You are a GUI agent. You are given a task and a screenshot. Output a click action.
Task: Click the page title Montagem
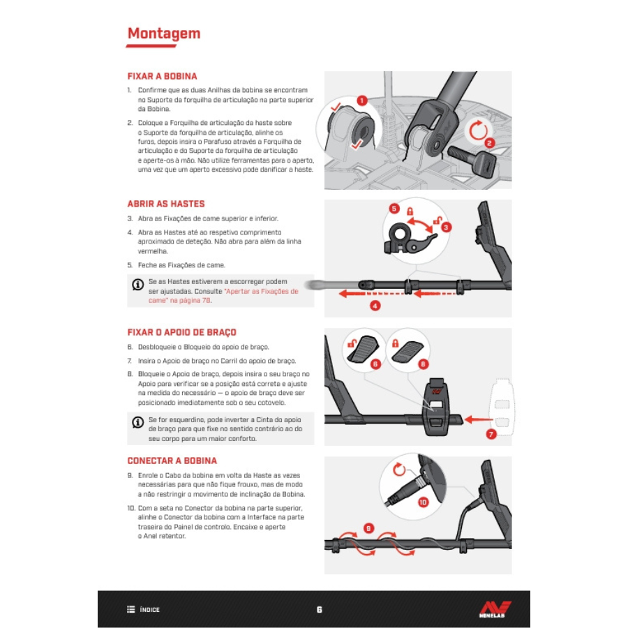pos(164,33)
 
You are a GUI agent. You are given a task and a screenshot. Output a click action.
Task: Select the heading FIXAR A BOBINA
pos(162,76)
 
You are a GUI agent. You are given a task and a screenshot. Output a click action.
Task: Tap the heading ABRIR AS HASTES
pos(166,204)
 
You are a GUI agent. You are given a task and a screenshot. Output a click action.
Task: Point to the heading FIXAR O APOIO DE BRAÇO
pos(182,332)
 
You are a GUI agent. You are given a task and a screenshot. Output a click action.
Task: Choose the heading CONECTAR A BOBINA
pos(172,461)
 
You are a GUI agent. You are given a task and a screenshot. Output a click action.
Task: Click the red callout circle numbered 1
pos(361,100)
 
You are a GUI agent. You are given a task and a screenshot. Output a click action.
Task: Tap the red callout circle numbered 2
pos(489,143)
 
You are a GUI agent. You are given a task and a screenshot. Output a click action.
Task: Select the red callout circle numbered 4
pos(375,306)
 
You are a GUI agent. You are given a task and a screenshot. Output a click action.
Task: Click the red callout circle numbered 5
pos(394,208)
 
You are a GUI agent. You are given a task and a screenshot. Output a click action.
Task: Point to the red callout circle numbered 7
pos(491,434)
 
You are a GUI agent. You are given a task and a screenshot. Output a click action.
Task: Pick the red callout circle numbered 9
pos(368,528)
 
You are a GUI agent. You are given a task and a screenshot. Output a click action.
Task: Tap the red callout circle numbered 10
pos(423,502)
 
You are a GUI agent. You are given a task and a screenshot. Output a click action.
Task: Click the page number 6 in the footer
pos(319,610)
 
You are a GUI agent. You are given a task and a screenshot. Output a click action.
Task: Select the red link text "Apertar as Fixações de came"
pos(223,296)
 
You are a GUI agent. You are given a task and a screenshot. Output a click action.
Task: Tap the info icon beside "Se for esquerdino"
pos(137,422)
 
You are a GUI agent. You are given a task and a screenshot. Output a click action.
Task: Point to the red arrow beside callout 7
pos(479,419)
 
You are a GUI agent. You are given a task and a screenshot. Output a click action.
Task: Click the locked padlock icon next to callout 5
pos(410,211)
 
